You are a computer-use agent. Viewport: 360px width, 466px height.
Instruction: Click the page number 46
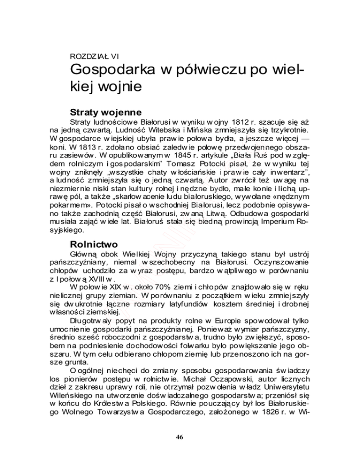(x=180, y=438)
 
